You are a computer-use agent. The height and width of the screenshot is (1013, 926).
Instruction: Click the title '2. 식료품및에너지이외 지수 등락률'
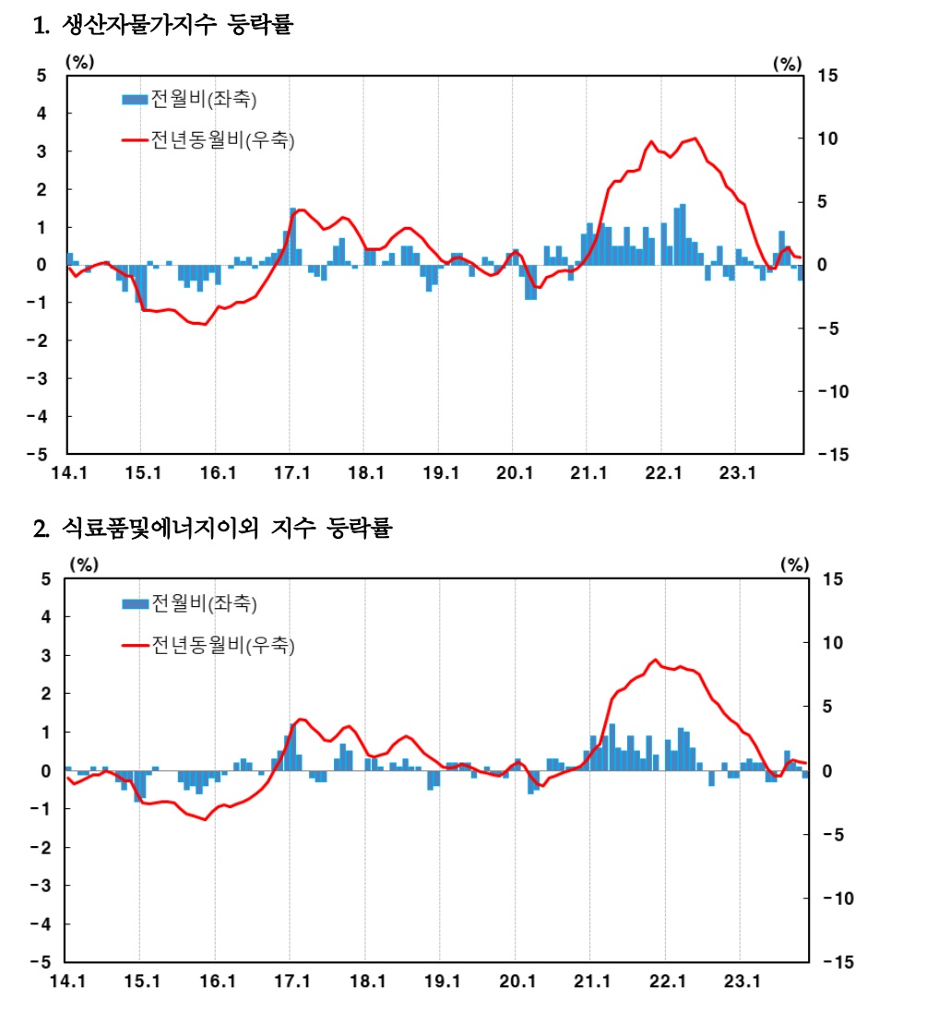coord(213,530)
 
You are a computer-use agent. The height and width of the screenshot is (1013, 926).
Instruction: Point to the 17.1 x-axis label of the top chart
coord(292,474)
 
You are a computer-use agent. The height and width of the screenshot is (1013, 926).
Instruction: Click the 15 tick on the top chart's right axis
coord(827,76)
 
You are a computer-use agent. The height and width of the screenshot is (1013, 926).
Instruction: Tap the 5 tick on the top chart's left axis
coord(41,76)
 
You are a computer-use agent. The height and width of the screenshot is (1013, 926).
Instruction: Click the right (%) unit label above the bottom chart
coord(794,564)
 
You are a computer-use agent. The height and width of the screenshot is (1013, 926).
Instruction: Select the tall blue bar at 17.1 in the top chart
coord(292,237)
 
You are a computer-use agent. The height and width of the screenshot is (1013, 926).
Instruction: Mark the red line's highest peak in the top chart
coord(694,139)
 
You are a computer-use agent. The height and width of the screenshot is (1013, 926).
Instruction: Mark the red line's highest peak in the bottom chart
coord(655,660)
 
